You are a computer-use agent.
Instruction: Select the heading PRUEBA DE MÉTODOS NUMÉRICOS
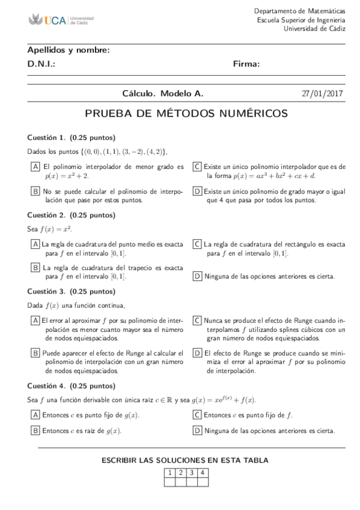click(x=186, y=113)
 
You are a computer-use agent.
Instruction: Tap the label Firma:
click(x=246, y=64)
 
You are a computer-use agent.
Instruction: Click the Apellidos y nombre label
click(x=69, y=50)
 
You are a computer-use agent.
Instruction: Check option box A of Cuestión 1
click(x=36, y=167)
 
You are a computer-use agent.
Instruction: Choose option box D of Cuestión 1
click(x=197, y=191)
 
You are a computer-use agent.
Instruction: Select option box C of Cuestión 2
click(x=197, y=244)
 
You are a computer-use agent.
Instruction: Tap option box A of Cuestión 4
click(x=36, y=414)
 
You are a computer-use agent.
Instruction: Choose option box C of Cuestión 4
click(x=197, y=414)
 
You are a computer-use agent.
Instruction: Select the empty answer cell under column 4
click(x=203, y=481)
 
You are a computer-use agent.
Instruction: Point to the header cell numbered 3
click(x=192, y=473)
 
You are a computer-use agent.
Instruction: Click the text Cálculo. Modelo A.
click(x=163, y=94)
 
